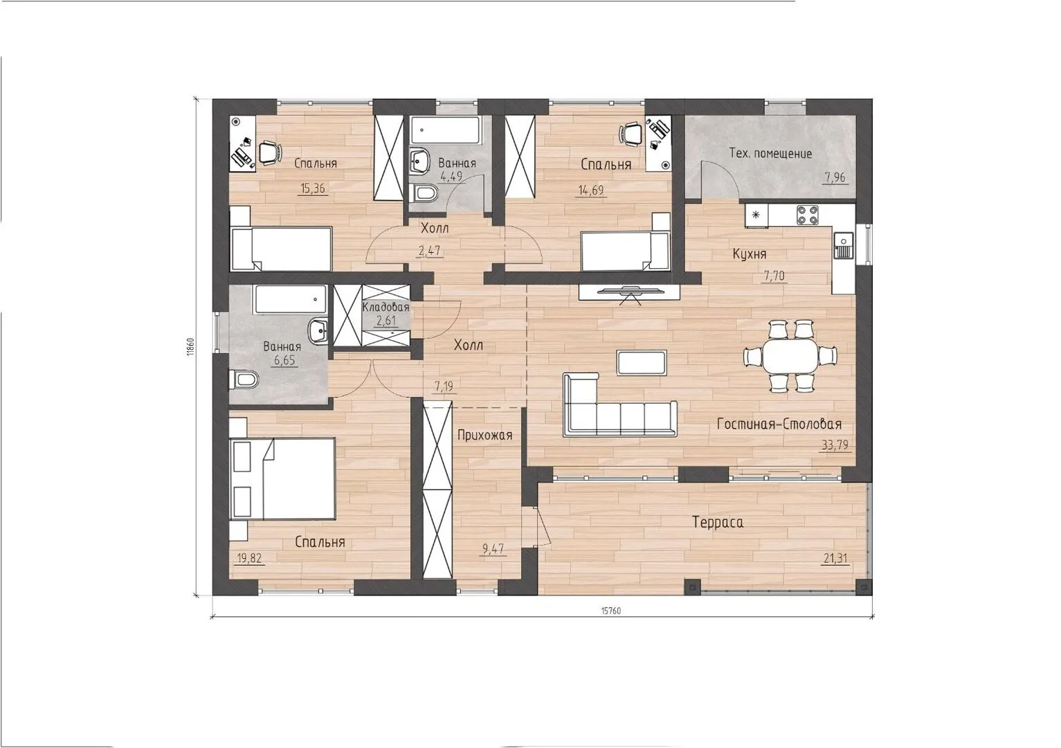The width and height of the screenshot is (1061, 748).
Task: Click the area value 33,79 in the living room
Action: (835, 445)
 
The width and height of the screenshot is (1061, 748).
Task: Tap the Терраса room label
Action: (718, 522)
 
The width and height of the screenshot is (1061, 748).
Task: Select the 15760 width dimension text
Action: (611, 611)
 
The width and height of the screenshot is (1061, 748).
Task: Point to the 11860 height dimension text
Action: (190, 346)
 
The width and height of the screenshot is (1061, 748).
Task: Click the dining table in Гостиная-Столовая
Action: (790, 355)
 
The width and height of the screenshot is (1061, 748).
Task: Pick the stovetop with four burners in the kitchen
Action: (808, 214)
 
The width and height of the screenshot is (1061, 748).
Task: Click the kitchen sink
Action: (843, 245)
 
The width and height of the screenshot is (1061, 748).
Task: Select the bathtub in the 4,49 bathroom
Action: (445, 130)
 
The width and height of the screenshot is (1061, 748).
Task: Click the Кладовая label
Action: (386, 307)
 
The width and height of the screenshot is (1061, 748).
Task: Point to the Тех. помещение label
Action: (770, 154)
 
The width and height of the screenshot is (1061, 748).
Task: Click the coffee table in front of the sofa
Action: (642, 363)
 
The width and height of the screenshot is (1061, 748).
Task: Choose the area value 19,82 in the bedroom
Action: (248, 558)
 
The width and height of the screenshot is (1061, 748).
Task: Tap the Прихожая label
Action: (484, 435)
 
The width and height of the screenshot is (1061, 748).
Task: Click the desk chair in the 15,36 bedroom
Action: (269, 152)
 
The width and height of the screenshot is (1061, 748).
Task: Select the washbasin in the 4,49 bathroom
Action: (419, 160)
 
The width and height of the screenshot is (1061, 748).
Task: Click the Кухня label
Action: (750, 254)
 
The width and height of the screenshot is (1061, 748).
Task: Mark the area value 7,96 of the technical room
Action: (835, 178)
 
